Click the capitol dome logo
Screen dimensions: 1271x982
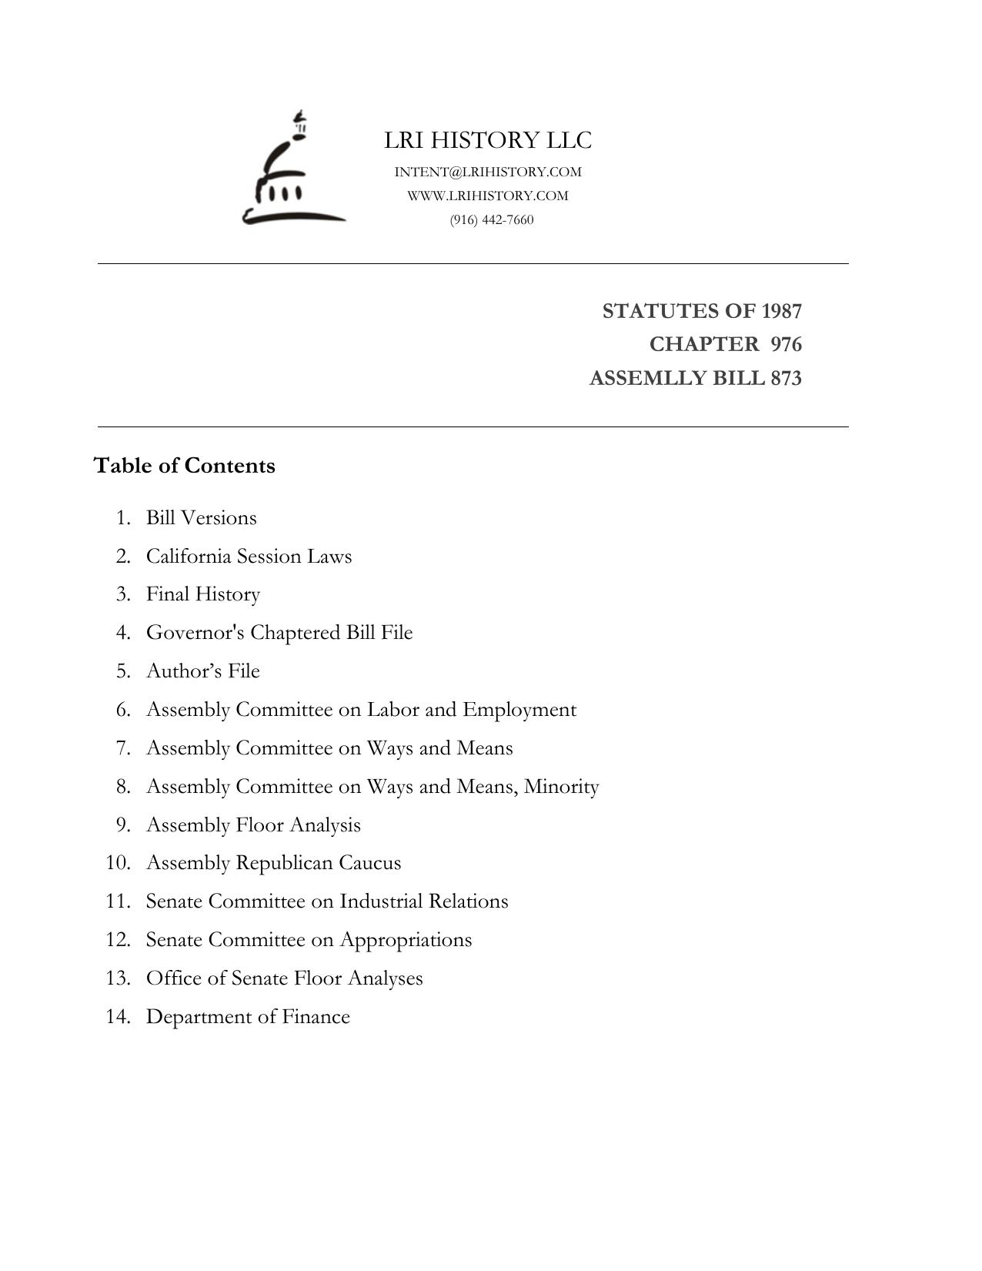pos(293,171)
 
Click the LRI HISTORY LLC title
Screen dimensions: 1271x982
pos(488,140)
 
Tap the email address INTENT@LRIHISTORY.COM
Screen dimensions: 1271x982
pos(488,172)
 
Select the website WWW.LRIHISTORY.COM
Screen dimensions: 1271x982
pos(488,196)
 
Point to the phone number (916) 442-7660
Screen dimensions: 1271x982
pos(492,219)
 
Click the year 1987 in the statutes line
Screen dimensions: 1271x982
pos(781,311)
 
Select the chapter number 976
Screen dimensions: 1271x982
pos(786,344)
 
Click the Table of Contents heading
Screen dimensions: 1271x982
pos(185,466)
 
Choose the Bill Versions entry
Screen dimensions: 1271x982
pos(202,517)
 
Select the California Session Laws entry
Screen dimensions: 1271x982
pos(249,556)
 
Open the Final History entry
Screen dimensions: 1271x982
pos(203,594)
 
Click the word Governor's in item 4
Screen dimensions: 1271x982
pos(195,633)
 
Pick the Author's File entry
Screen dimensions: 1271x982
pos(203,671)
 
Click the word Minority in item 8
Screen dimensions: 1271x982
pos(561,787)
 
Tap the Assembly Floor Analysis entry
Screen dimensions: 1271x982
pos(253,825)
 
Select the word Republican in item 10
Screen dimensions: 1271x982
pos(284,863)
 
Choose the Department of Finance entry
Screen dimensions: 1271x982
pos(248,1017)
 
